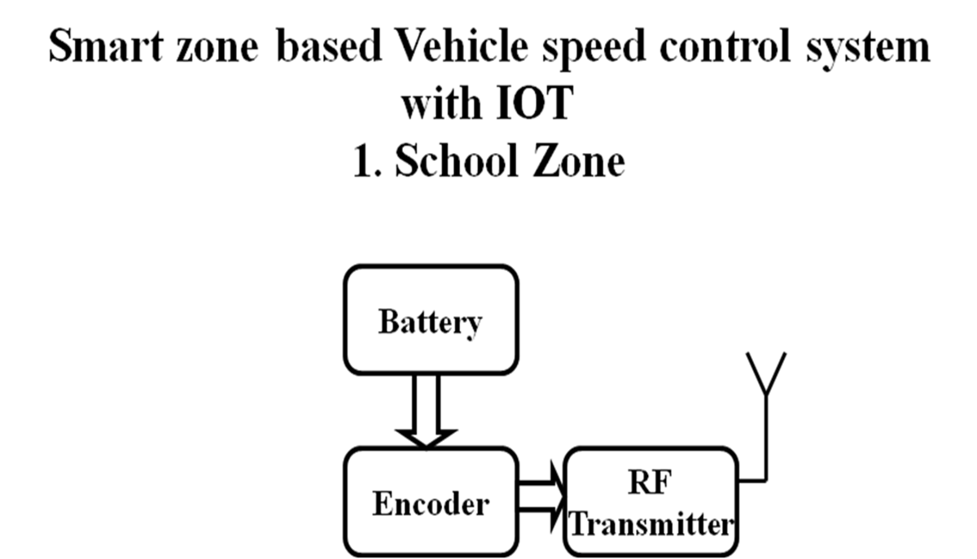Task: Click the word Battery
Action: pos(430,322)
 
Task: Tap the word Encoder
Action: pos(431,504)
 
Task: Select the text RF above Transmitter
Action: pos(651,483)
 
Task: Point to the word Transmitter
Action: pos(651,524)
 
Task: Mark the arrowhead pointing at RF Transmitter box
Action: pos(558,496)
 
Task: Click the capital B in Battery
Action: pos(388,322)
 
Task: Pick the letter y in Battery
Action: pos(473,326)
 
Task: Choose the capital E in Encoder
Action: pos(382,504)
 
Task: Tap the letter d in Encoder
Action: pos(445,504)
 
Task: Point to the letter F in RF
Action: pos(662,483)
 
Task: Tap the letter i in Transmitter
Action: pos(676,524)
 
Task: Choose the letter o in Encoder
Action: pos(427,505)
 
